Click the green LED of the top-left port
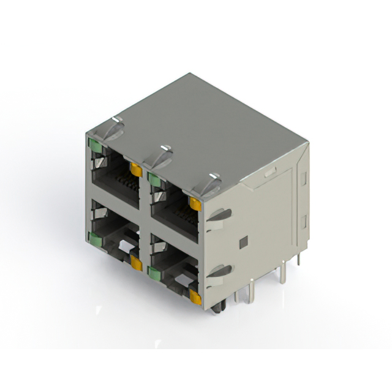95,145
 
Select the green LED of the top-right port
153,179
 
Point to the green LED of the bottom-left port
95,238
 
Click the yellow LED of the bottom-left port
136,264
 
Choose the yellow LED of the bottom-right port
195,298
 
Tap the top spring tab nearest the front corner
211,183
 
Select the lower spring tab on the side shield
219,272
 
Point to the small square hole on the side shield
243,242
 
